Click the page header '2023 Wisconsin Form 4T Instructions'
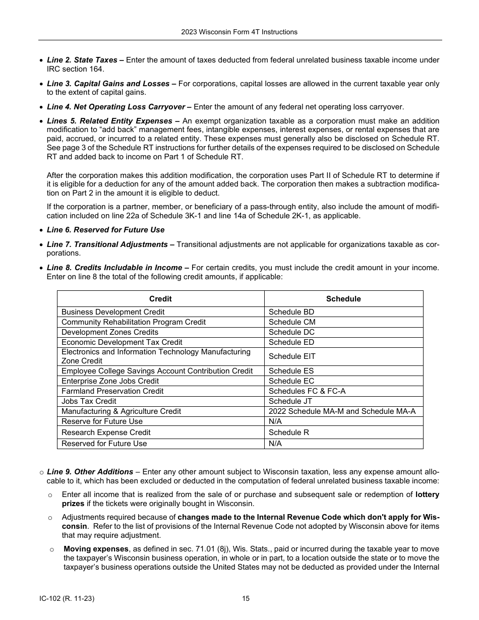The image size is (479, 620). click(x=239, y=32)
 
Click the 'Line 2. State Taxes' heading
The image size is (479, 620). click(x=82, y=60)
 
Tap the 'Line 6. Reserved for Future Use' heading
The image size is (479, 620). click(x=105, y=230)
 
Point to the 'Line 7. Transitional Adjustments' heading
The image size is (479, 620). click(x=107, y=244)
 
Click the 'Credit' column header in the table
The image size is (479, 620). click(x=160, y=299)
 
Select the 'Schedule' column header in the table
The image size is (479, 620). click(x=343, y=299)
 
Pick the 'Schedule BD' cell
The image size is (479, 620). click(x=291, y=312)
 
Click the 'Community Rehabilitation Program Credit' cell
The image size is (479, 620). click(x=134, y=322)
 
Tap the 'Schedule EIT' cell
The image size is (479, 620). click(x=292, y=356)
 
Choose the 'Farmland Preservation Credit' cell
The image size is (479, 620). click(x=112, y=391)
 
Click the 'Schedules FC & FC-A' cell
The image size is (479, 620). click(x=307, y=391)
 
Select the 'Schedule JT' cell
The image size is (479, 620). click(x=290, y=401)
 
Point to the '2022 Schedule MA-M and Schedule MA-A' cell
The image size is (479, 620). click(x=342, y=411)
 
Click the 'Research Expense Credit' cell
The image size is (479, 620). click(x=106, y=432)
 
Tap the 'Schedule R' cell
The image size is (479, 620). click(x=288, y=432)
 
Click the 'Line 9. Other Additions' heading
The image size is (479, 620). click(x=90, y=472)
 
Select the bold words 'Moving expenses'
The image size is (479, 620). click(x=96, y=549)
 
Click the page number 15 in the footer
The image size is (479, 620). click(x=246, y=599)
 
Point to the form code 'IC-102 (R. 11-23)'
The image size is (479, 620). click(x=67, y=599)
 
